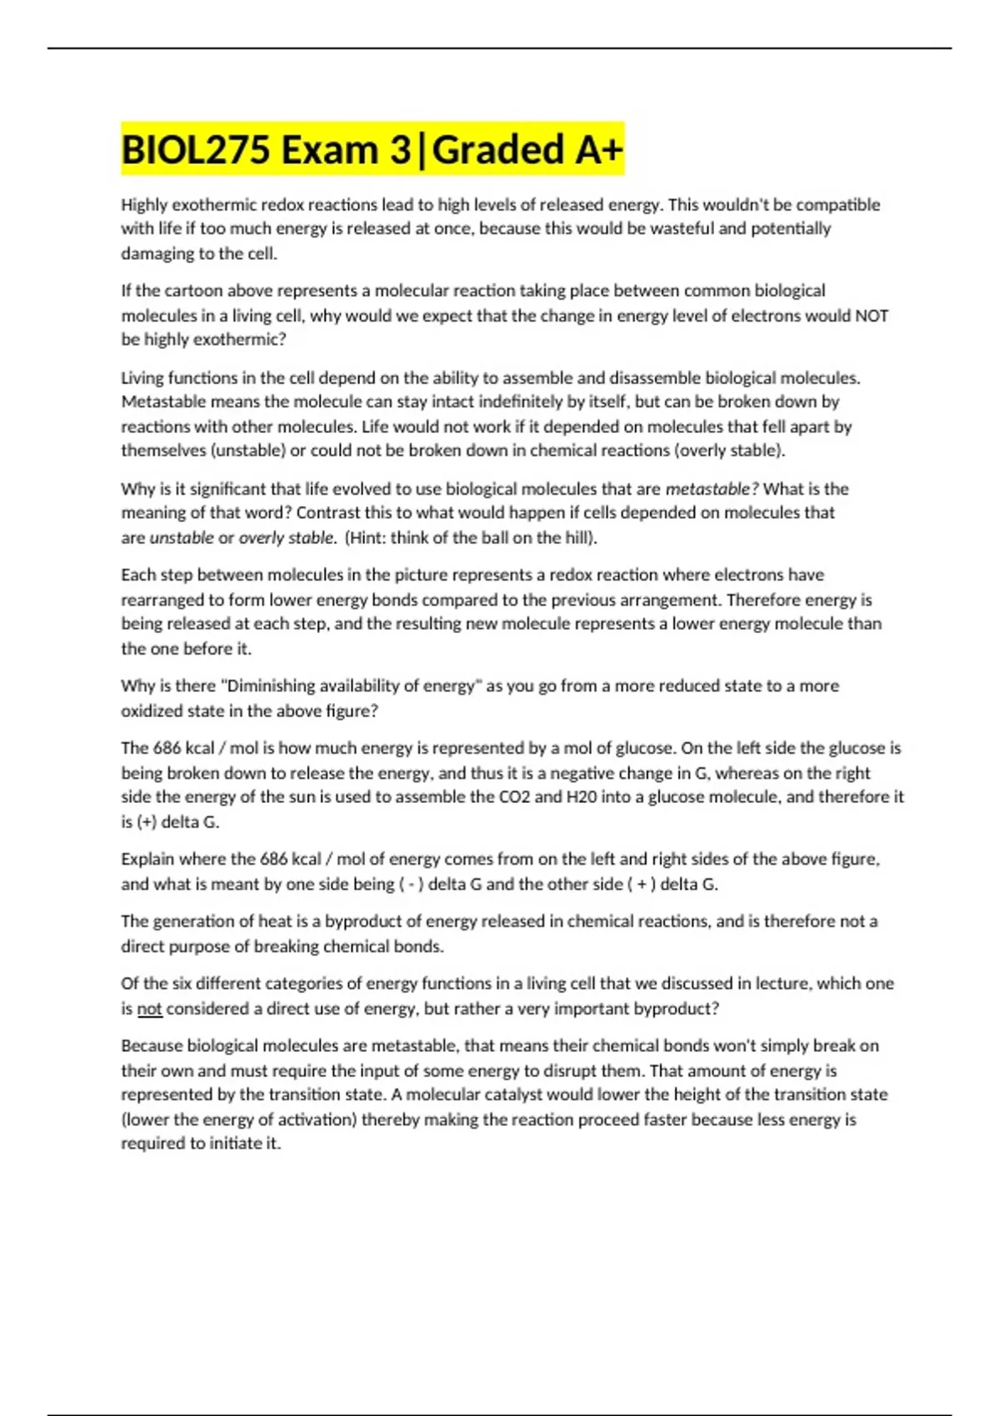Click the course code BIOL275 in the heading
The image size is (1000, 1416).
[x=196, y=151]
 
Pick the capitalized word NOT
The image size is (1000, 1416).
[x=871, y=316]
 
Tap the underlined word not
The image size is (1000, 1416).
[x=149, y=1009]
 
